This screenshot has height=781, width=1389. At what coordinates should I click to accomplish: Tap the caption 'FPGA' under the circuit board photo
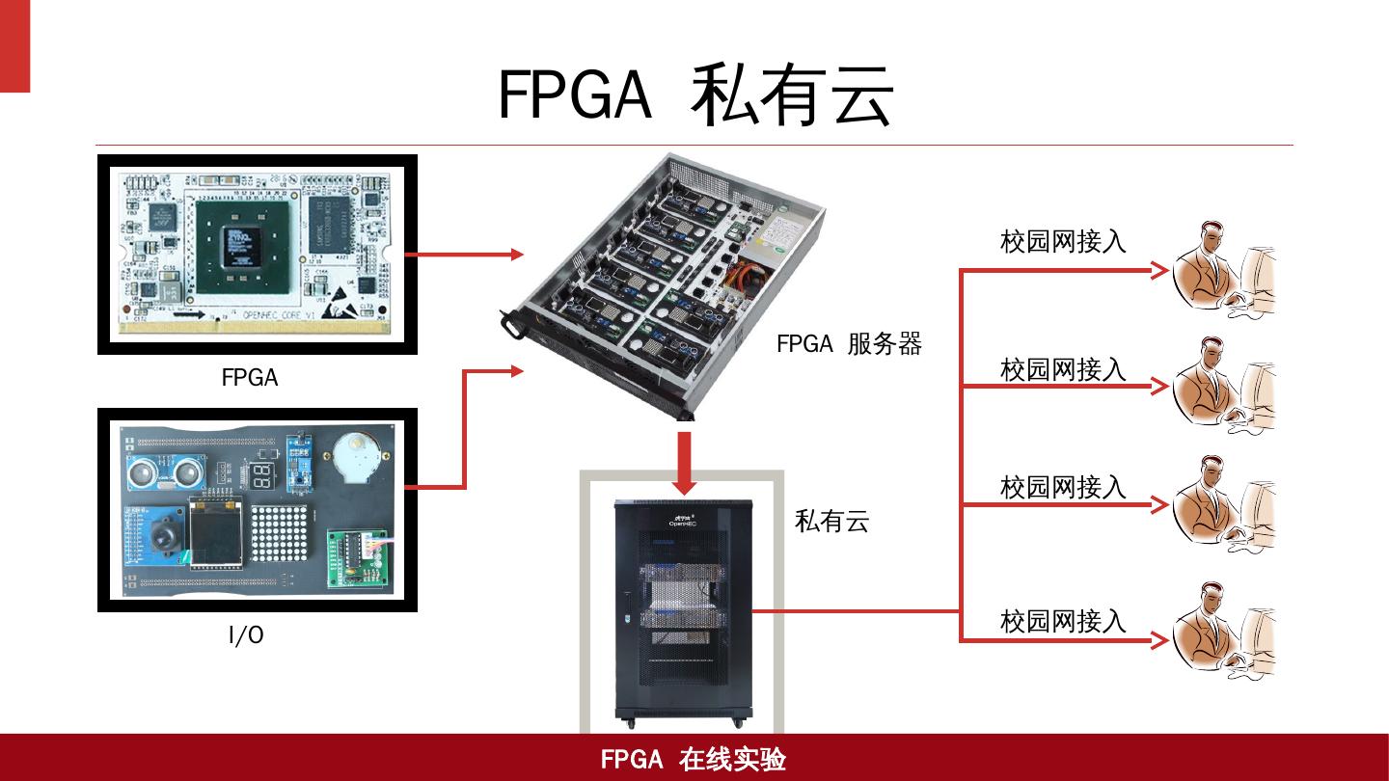[x=250, y=378]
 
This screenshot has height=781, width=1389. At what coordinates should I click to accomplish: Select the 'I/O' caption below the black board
[x=246, y=634]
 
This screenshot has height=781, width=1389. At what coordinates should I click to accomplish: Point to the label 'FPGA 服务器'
[x=849, y=343]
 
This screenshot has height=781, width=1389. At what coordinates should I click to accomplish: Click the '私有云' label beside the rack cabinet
[x=831, y=522]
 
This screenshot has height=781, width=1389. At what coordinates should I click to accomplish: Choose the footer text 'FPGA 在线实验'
[x=694, y=759]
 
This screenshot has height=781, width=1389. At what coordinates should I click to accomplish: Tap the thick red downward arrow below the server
[x=685, y=461]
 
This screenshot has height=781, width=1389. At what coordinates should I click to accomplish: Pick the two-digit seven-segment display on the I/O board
[x=260, y=473]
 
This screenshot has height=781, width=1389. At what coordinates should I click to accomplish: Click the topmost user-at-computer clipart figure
[x=1222, y=270]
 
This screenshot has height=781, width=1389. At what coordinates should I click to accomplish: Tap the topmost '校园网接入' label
[x=1063, y=241]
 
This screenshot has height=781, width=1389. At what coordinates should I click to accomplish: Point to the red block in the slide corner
[x=14, y=45]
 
